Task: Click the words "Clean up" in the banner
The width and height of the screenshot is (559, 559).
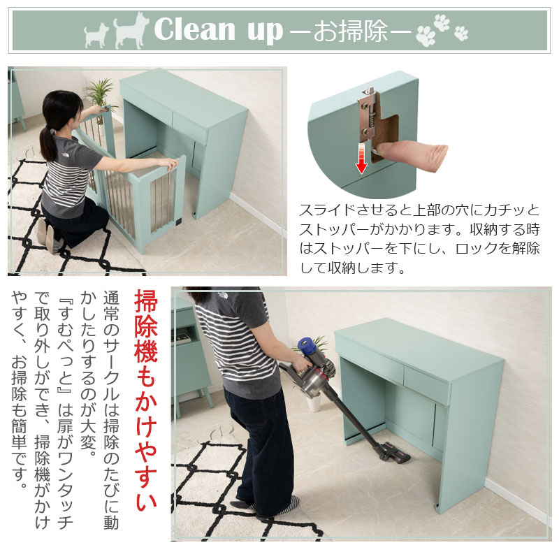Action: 219,29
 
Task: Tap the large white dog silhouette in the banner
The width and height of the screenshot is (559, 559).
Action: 131,31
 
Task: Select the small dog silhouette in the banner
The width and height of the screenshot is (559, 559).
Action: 96,36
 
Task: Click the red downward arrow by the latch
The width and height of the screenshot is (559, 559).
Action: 361,159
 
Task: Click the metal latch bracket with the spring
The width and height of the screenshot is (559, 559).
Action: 368,114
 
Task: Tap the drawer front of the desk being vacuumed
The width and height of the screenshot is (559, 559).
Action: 426,385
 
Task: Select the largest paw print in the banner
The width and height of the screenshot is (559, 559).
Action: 426,36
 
